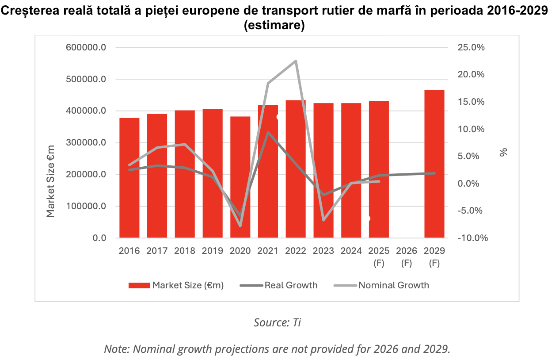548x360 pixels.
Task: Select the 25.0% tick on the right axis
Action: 471,47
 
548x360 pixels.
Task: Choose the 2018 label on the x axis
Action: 185,251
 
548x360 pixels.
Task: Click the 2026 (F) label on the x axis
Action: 407,257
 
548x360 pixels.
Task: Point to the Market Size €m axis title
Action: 51,181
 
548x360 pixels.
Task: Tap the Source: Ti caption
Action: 277,322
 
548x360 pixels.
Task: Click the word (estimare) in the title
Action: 274,26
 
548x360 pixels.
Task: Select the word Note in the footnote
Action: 116,349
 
